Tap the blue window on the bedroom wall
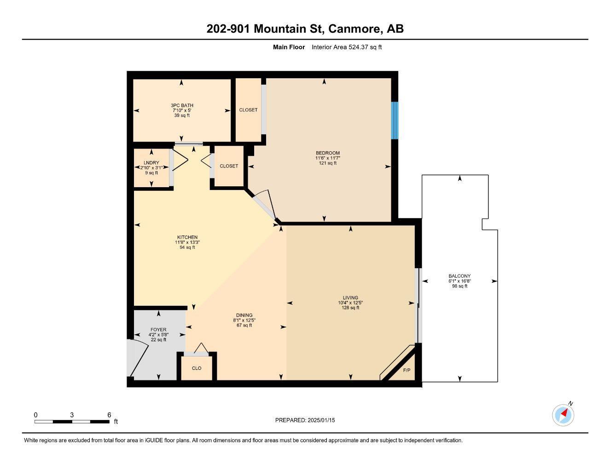(394, 120)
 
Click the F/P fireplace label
(407, 370)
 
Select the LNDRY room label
(151, 163)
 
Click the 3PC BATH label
(182, 105)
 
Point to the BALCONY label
(459, 276)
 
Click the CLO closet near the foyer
(197, 368)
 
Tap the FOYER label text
(158, 330)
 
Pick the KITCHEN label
(187, 237)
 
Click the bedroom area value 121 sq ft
(328, 163)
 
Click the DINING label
(244, 315)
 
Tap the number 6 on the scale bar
(109, 415)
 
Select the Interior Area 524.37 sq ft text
(347, 47)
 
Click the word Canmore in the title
(354, 29)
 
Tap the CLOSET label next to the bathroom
(248, 110)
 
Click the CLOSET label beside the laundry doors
(229, 166)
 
